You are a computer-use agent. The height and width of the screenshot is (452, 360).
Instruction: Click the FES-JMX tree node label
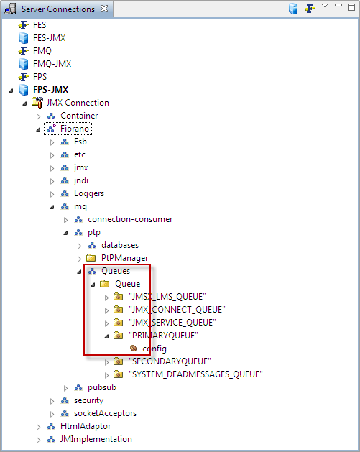[x=49, y=38]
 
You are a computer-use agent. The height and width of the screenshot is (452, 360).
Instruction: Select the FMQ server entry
[x=42, y=51]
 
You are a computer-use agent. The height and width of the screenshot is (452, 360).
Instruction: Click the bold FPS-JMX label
[x=51, y=90]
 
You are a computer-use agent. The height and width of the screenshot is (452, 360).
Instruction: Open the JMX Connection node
[x=78, y=103]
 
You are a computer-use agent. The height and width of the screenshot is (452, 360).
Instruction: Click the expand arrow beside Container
[x=38, y=116]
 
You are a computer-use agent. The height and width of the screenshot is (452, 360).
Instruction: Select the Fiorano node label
[x=74, y=129]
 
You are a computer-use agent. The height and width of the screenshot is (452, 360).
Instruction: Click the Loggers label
[x=89, y=193]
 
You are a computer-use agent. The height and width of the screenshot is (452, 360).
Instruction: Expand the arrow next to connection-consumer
[x=65, y=220]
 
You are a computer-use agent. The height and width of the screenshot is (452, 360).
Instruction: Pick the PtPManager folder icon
[x=91, y=257]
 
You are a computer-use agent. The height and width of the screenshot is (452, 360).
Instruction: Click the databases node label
[x=120, y=245]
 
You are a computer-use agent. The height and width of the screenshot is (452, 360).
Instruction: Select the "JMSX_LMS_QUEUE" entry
[x=167, y=297]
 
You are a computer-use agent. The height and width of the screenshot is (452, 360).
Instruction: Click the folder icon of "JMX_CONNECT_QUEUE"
[x=118, y=310]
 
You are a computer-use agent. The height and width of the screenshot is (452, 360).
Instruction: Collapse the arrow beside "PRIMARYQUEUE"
[x=106, y=336]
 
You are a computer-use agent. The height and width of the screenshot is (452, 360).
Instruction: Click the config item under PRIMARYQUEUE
[x=154, y=349]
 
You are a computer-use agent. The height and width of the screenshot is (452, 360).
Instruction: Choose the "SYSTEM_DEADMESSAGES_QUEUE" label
[x=195, y=374]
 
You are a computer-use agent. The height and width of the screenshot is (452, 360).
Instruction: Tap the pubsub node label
[x=102, y=387]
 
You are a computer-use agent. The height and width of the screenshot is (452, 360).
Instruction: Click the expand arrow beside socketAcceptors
[x=52, y=414]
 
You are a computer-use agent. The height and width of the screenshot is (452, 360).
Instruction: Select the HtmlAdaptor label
[x=86, y=426]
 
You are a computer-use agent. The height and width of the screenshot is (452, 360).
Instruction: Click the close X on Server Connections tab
[x=104, y=9]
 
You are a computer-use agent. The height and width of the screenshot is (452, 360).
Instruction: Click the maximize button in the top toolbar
[x=351, y=7]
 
